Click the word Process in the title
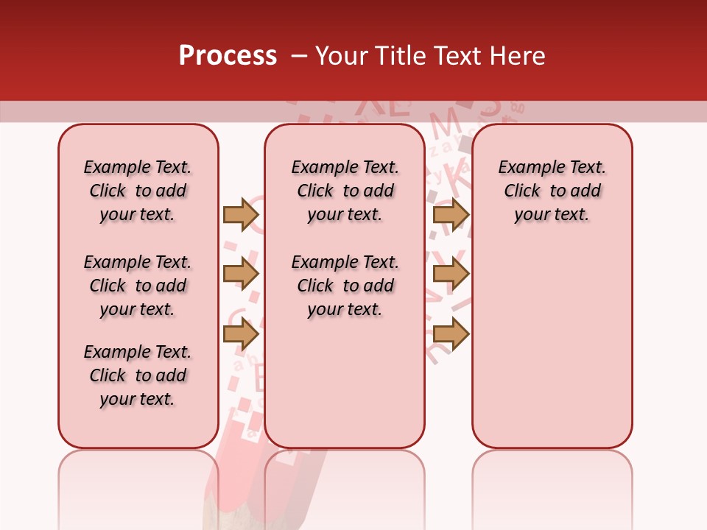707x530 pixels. (227, 56)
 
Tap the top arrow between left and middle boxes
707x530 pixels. (240, 214)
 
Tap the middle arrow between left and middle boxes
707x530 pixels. (240, 274)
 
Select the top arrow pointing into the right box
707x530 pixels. (451, 214)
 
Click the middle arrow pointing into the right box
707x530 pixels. (451, 274)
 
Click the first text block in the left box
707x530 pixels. (138, 191)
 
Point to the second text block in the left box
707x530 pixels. (138, 286)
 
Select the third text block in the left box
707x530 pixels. (138, 375)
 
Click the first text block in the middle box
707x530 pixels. (345, 191)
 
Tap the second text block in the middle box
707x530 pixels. (345, 286)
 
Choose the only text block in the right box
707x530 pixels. (552, 191)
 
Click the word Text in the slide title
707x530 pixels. (462, 56)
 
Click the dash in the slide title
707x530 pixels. (299, 56)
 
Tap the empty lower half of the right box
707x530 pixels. (552, 353)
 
